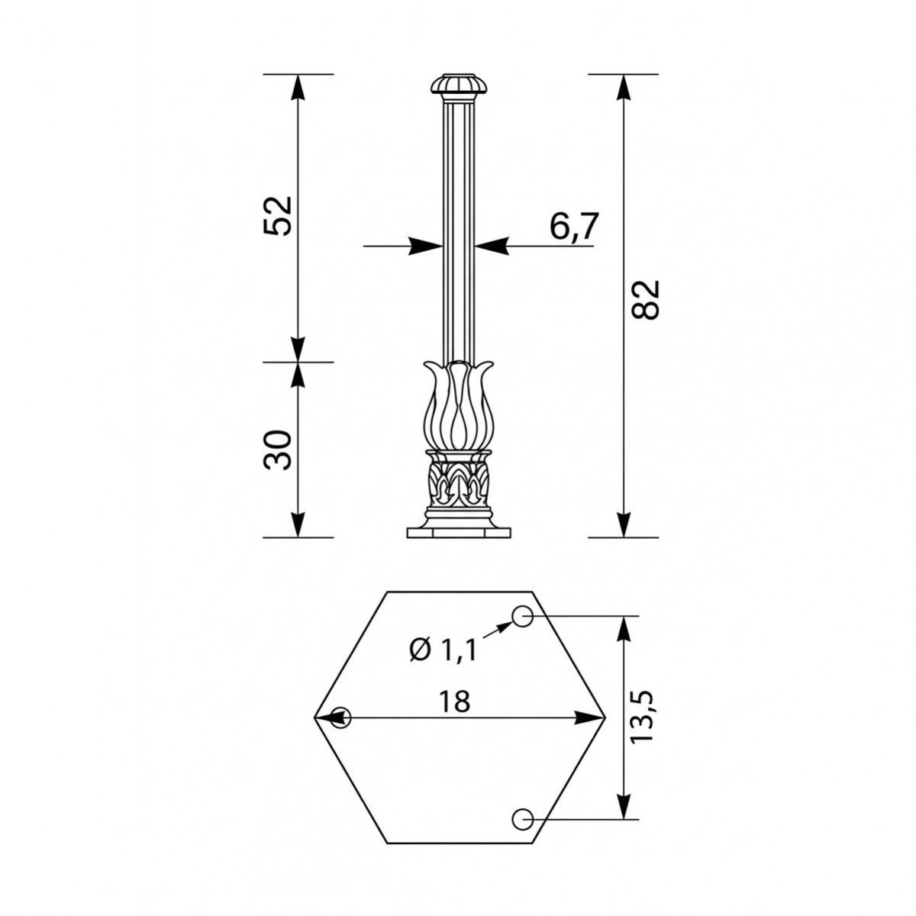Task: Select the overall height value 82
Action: pyautogui.click(x=646, y=299)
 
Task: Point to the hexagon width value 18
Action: pyautogui.click(x=455, y=701)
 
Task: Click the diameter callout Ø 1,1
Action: pyautogui.click(x=443, y=650)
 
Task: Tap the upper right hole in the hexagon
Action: pyautogui.click(x=522, y=616)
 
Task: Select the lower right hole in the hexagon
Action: pyautogui.click(x=522, y=819)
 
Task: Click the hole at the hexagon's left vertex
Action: pyautogui.click(x=340, y=718)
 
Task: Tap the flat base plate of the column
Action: pyautogui.click(x=458, y=531)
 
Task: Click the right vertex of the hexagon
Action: pyautogui.click(x=604, y=718)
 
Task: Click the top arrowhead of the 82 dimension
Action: pyautogui.click(x=624, y=87)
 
